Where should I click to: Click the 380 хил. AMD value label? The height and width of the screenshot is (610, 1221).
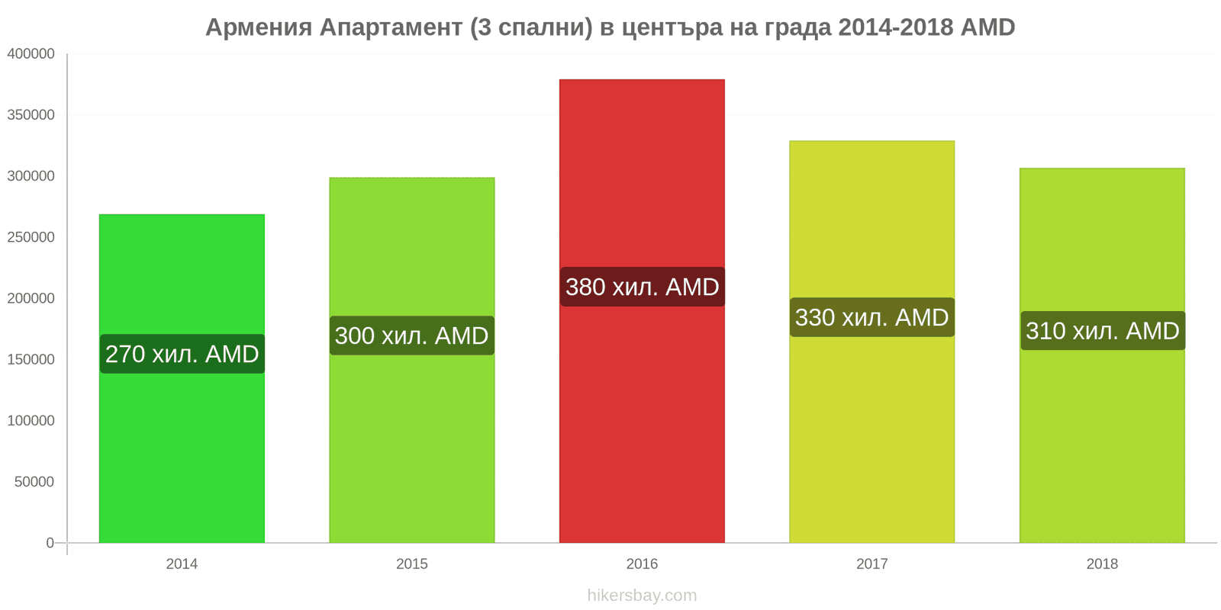click(x=642, y=287)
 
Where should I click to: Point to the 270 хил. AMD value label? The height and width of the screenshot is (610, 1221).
click(x=182, y=354)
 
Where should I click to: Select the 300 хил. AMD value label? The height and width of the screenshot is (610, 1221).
click(x=412, y=335)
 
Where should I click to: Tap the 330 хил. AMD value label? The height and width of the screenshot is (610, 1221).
click(x=871, y=317)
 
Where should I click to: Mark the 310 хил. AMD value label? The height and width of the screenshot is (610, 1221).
click(x=1102, y=331)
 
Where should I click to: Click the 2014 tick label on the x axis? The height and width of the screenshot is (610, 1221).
click(x=182, y=564)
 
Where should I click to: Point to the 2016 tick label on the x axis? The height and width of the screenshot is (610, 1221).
click(x=642, y=564)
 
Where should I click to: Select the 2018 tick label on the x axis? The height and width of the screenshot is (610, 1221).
click(x=1102, y=564)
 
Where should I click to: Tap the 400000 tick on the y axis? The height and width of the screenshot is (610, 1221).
click(x=31, y=54)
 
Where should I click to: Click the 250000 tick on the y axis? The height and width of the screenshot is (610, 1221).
click(x=31, y=237)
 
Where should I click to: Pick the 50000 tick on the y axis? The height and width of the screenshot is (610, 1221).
click(x=34, y=482)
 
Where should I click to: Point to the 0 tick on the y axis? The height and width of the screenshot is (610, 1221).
click(x=50, y=543)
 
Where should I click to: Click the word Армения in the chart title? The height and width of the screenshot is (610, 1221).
click(x=259, y=27)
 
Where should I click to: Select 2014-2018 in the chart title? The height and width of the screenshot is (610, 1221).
click(x=896, y=27)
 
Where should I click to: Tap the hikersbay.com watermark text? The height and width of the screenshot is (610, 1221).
click(x=642, y=596)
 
